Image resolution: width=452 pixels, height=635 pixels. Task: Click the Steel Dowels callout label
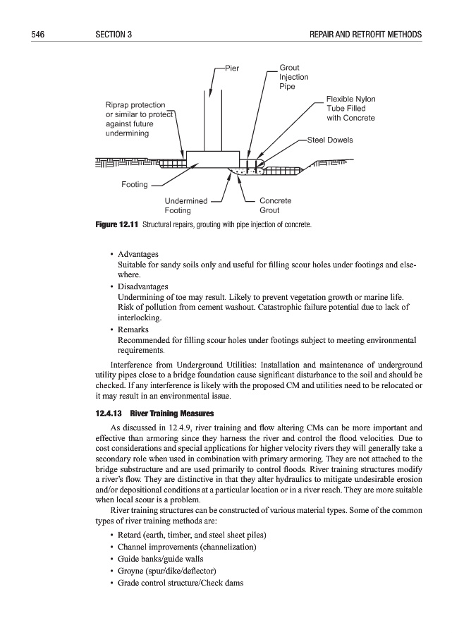(330, 140)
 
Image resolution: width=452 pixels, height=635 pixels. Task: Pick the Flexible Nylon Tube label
(350, 109)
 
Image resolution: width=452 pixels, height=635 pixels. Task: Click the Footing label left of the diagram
(135, 185)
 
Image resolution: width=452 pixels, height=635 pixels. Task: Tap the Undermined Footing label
(185, 205)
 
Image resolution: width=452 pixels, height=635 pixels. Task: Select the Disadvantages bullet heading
(143, 286)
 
